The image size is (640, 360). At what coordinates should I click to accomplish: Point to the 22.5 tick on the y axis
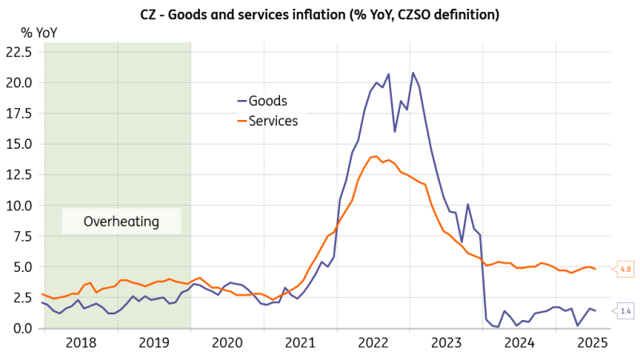[x=18, y=52]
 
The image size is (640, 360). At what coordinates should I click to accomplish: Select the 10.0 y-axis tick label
[x=18, y=206]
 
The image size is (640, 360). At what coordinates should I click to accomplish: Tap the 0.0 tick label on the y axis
[x=22, y=328]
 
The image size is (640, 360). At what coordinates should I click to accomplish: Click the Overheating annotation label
[x=122, y=222]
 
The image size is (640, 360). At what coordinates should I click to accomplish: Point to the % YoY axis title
[x=38, y=33]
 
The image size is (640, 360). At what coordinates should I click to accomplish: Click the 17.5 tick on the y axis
[x=18, y=114]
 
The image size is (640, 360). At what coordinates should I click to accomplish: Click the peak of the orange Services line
[x=374, y=156]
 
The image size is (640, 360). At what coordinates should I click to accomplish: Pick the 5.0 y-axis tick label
[x=22, y=267]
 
